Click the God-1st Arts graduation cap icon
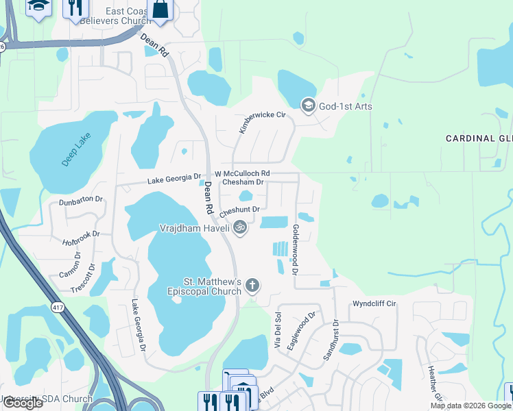(308, 105)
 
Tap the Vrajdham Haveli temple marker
(239, 227)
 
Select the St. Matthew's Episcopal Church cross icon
(252, 285)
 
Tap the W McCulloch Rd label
(242, 174)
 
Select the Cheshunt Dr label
(239, 210)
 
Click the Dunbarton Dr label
(80, 199)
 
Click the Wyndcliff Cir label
(374, 303)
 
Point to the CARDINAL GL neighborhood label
(479, 138)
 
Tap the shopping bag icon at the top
(160, 9)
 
